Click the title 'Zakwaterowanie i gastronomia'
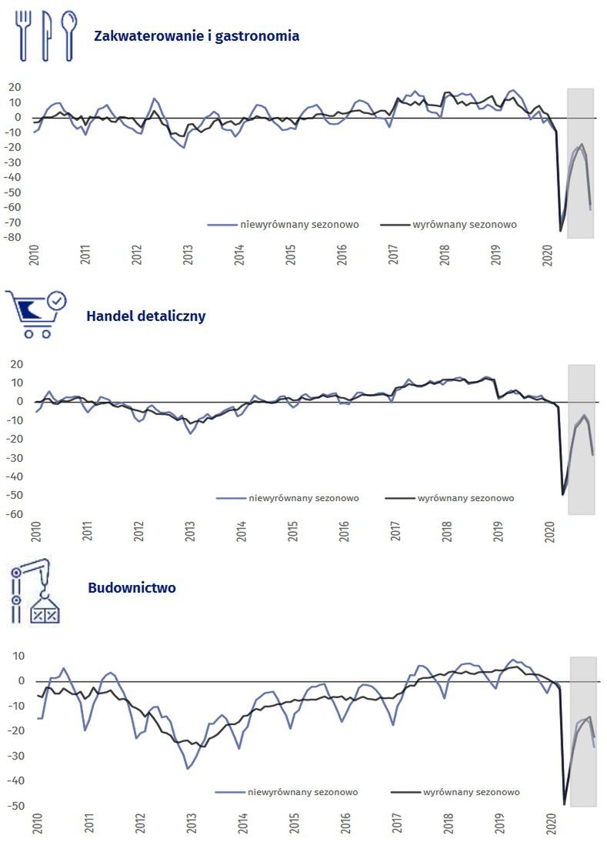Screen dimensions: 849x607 196,35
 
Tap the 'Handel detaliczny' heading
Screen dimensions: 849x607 146,316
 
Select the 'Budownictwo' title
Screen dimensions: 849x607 132,588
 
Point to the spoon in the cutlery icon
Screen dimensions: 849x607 69,34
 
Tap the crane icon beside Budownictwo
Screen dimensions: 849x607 35,591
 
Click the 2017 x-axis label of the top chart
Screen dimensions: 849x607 394,255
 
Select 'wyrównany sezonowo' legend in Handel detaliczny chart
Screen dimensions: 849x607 465,498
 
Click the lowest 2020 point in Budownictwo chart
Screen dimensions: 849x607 565,804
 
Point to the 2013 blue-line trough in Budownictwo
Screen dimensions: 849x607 187,768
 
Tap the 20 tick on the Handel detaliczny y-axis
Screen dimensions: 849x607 17,364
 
